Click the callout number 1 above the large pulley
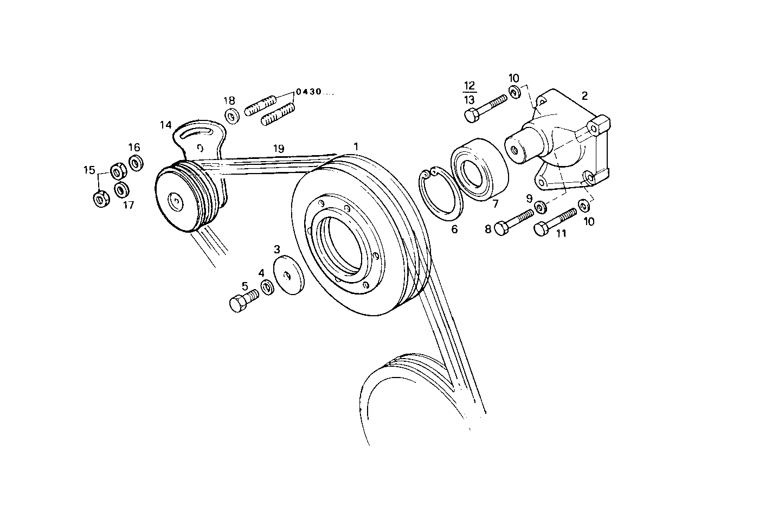(x=356, y=146)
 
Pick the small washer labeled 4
(x=267, y=287)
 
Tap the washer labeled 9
(x=540, y=207)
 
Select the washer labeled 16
(x=136, y=162)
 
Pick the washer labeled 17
(x=122, y=190)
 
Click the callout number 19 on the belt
(x=278, y=148)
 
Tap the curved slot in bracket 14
(x=195, y=130)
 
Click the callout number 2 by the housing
(x=584, y=97)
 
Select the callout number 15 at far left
(x=89, y=170)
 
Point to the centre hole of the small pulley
(x=176, y=201)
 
